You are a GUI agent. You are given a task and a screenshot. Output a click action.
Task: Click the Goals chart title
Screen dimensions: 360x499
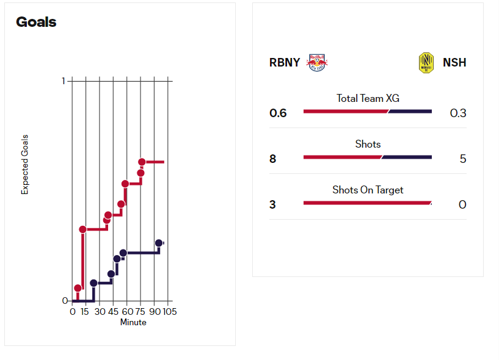coord(36,23)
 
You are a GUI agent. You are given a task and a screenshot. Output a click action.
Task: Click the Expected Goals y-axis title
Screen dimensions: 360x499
coord(25,165)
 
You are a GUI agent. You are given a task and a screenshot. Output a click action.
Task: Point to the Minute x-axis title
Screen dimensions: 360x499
coord(133,322)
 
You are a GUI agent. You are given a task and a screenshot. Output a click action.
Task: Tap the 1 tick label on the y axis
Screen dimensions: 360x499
coord(64,81)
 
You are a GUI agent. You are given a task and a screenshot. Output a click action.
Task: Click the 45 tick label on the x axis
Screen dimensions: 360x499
coord(113,312)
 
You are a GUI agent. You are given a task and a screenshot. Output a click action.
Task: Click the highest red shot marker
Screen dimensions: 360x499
coord(142,162)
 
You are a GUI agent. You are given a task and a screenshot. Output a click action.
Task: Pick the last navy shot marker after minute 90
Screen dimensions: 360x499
coord(159,243)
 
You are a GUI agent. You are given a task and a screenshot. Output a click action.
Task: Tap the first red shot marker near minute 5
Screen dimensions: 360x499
coord(78,288)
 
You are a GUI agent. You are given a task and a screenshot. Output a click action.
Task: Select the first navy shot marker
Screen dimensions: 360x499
coord(93,283)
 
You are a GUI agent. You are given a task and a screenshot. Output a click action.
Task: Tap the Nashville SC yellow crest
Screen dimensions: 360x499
coord(426,62)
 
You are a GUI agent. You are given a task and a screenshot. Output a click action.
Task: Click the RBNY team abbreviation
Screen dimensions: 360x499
coord(285,62)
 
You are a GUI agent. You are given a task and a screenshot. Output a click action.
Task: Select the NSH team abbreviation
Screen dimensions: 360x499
coord(454,62)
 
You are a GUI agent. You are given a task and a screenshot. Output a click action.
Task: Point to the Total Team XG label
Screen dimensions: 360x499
coord(368,98)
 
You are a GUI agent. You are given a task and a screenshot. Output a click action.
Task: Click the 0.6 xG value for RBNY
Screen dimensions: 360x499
coord(278,113)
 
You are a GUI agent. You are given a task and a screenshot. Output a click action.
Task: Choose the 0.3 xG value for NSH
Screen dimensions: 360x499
coord(458,113)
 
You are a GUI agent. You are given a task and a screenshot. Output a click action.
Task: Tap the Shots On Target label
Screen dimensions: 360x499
coord(368,190)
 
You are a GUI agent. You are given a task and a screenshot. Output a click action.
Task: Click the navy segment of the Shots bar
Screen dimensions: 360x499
coord(407,157)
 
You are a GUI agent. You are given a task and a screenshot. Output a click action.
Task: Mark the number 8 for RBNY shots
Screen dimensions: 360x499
coord(272,159)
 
